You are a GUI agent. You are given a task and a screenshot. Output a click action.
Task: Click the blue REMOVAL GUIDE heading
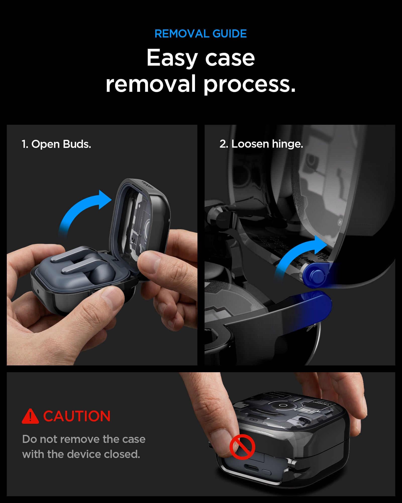pyautogui.click(x=200, y=34)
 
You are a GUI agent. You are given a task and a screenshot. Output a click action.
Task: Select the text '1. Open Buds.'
pyautogui.click(x=56, y=144)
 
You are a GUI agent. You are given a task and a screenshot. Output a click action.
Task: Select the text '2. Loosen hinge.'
pyautogui.click(x=261, y=144)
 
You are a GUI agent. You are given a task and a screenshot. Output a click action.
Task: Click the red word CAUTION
pyautogui.click(x=77, y=416)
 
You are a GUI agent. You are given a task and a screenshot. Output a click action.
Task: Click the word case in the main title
pyautogui.click(x=230, y=58)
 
